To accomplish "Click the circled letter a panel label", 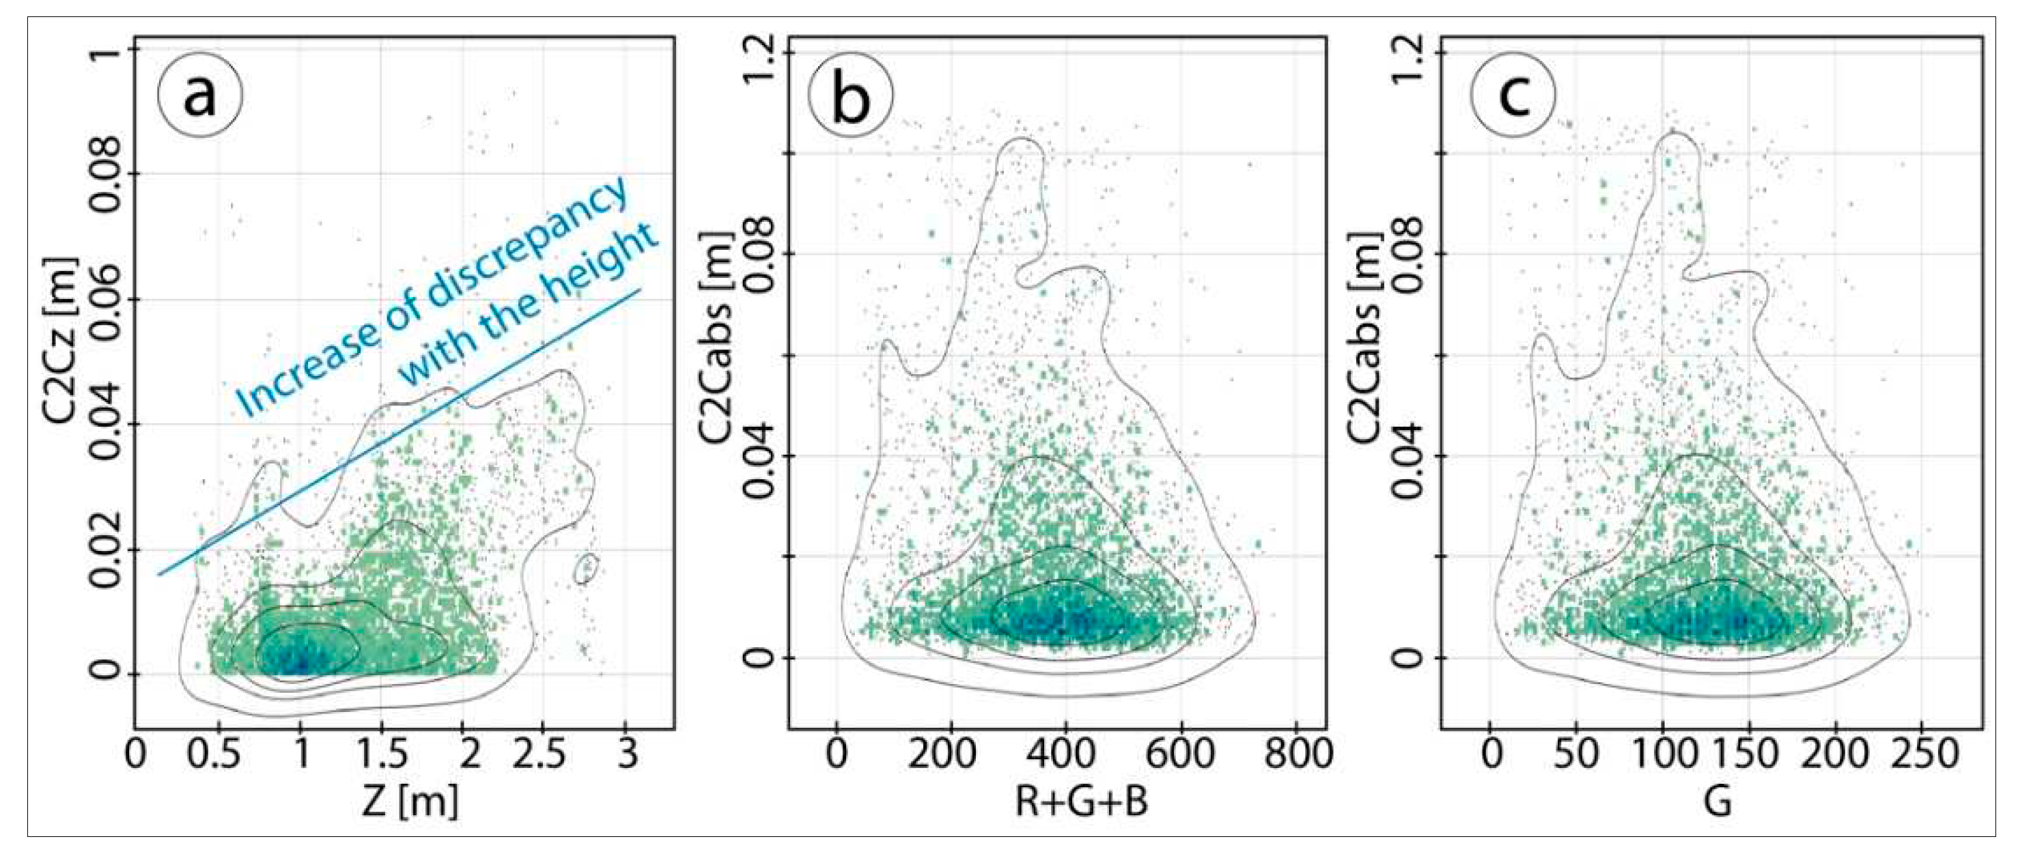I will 201,96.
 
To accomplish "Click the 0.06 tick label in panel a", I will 107,298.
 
